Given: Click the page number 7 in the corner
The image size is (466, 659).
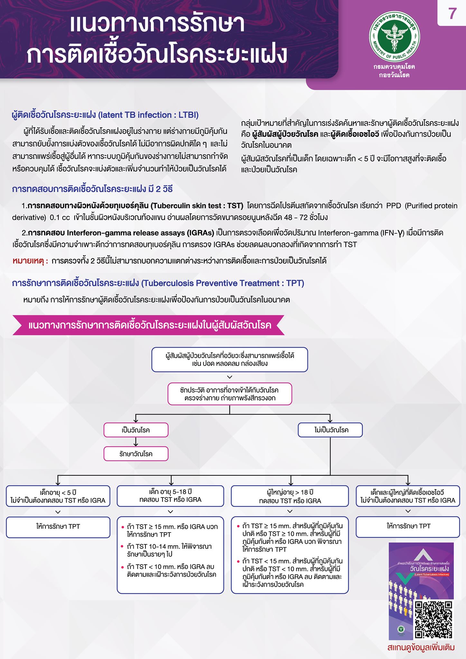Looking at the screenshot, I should [452, 14].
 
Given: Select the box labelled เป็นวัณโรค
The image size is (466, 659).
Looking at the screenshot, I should [136, 430].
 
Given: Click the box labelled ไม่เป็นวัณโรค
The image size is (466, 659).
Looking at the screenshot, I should [330, 430].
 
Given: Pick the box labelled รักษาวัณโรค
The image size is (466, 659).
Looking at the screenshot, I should [136, 454].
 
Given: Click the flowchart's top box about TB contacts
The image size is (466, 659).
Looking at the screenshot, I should [229, 359].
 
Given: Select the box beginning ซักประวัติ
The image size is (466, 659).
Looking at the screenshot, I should [229, 394].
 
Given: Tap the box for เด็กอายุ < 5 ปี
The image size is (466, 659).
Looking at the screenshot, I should [58, 496].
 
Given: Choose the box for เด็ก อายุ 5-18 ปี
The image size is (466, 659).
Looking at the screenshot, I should [170, 496].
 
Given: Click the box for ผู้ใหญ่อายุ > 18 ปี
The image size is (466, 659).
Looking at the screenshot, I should [290, 496].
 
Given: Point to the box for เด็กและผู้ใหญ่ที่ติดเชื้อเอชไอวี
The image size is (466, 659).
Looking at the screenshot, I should [408, 496].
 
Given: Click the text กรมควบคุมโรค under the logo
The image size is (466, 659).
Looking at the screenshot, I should [394, 67].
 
